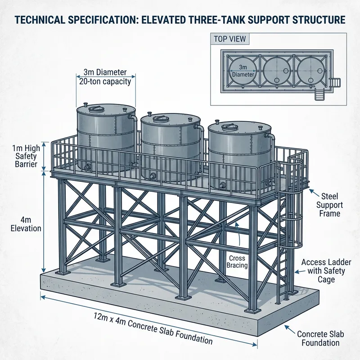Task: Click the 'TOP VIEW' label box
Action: pyautogui.click(x=230, y=39)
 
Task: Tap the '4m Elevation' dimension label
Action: pyautogui.click(x=26, y=224)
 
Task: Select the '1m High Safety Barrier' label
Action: pyautogui.click(x=26, y=156)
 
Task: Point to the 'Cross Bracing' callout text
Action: pyautogui.click(x=237, y=262)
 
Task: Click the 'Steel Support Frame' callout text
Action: pyautogui.click(x=329, y=205)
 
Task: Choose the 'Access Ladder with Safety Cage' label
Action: pyautogui.click(x=326, y=271)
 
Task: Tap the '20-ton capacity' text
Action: pyautogui.click(x=105, y=81)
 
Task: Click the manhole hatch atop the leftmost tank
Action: pyautogui.click(x=95, y=109)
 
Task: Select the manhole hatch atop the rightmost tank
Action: pyautogui.click(x=228, y=127)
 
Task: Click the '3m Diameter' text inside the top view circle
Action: pyautogui.click(x=243, y=71)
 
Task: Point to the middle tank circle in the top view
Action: pyautogui.click(x=277, y=70)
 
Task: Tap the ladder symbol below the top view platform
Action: pyautogui.click(x=319, y=94)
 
